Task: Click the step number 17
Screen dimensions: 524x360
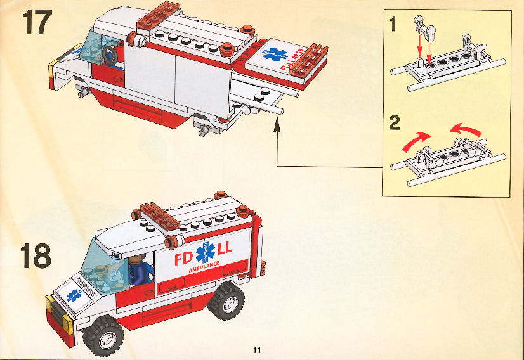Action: pyautogui.click(x=37, y=22)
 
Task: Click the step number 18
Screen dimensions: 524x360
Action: pyautogui.click(x=36, y=255)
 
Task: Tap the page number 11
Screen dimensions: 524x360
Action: pyautogui.click(x=257, y=350)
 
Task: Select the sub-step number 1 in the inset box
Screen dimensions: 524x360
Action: pyautogui.click(x=393, y=24)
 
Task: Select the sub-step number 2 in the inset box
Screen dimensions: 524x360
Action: pyautogui.click(x=395, y=122)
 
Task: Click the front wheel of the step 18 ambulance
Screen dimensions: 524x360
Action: pyautogui.click(x=103, y=336)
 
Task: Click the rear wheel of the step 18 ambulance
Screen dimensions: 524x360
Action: pyautogui.click(x=226, y=300)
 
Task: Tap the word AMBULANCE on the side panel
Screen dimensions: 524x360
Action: pyautogui.click(x=204, y=266)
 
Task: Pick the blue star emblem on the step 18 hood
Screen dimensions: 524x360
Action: pyautogui.click(x=74, y=295)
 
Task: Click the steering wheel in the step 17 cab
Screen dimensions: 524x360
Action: pyautogui.click(x=110, y=55)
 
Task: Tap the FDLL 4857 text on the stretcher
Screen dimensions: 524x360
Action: pyautogui.click(x=292, y=59)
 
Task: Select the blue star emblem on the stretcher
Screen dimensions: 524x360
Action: pyautogui.click(x=275, y=53)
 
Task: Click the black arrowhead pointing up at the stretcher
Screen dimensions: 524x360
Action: pyautogui.click(x=277, y=125)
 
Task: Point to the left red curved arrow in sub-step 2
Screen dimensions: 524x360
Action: pyautogui.click(x=416, y=141)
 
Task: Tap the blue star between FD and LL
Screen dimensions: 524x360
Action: pyautogui.click(x=206, y=252)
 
